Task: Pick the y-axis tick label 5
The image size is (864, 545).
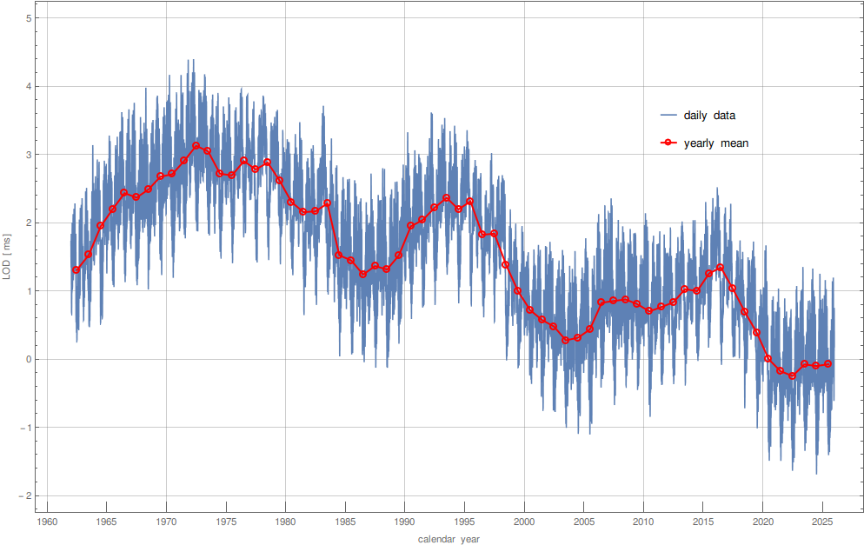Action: click(30, 18)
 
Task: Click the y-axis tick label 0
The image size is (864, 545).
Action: click(30, 359)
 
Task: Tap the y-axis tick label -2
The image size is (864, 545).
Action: click(26, 495)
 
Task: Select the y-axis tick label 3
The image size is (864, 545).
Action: click(30, 155)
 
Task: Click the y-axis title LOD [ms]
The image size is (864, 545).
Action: click(8, 257)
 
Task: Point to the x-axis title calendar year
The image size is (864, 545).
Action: click(449, 539)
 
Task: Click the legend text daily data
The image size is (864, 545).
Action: click(710, 116)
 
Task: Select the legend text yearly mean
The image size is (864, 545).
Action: click(716, 143)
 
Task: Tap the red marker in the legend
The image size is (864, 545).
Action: click(668, 143)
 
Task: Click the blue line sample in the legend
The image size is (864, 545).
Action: click(668, 116)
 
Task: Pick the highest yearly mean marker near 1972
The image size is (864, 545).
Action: click(196, 146)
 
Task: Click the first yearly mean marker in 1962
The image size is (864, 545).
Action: click(76, 269)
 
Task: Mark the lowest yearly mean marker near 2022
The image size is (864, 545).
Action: click(792, 376)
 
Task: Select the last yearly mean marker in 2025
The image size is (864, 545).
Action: click(827, 363)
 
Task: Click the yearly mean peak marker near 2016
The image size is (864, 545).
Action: click(720, 268)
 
